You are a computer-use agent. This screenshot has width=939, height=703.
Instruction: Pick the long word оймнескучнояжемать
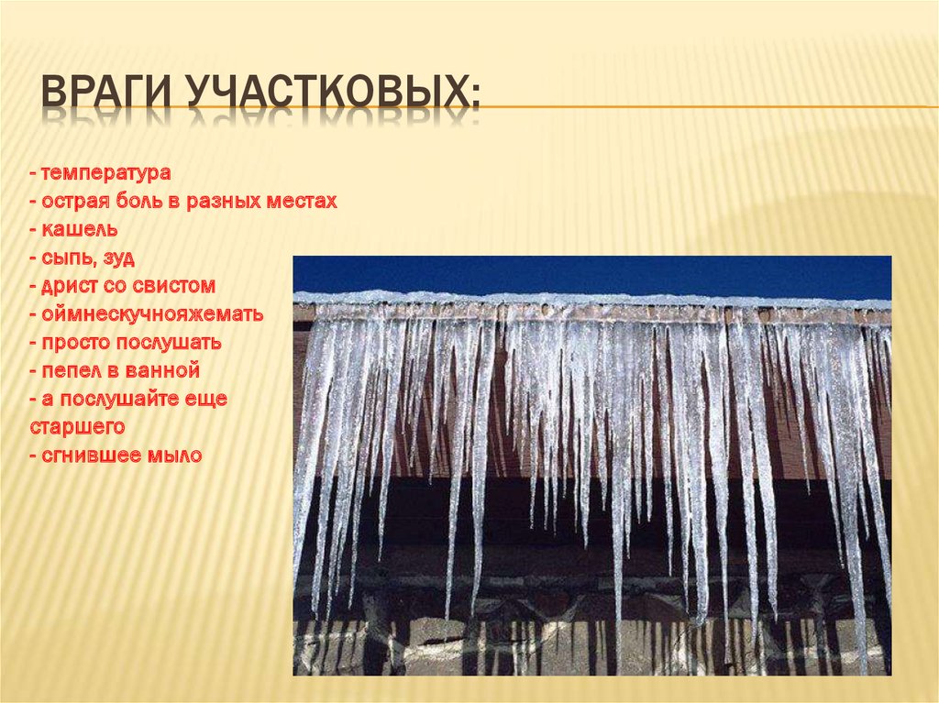pyautogui.click(x=151, y=314)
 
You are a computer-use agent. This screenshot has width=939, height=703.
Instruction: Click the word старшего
pyautogui.click(x=77, y=427)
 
